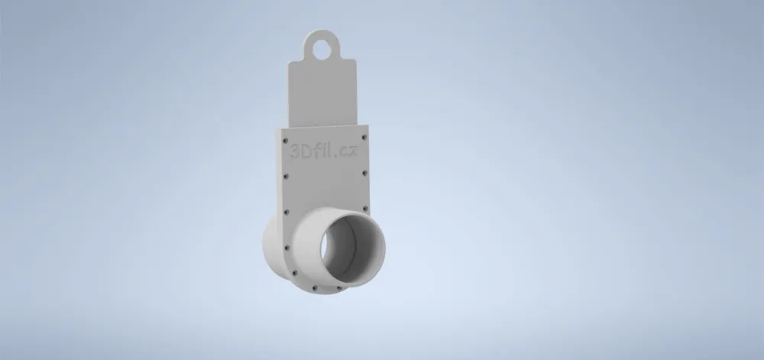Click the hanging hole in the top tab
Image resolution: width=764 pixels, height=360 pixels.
322,49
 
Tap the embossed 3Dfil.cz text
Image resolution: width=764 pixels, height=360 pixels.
324,151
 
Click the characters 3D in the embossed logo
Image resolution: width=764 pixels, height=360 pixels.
300,151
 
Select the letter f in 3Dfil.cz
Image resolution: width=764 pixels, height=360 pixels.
316,150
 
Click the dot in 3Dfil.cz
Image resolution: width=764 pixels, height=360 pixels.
337,155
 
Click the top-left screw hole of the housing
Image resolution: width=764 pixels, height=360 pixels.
286,141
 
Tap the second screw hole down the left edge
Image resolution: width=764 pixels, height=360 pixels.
286,177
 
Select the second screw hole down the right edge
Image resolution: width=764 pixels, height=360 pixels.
365,173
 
